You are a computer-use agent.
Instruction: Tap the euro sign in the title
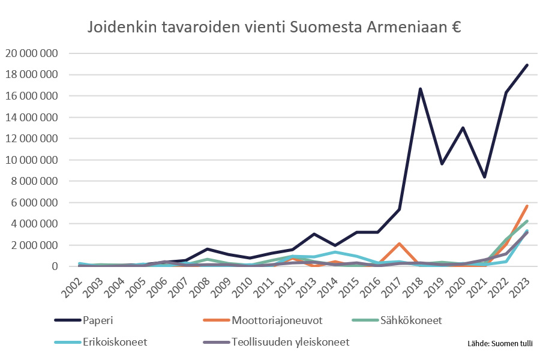[x=455, y=28]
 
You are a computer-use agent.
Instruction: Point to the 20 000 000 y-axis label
[x=31, y=53]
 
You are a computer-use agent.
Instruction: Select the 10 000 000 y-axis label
[x=31, y=160]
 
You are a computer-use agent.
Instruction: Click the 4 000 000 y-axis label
[x=34, y=224]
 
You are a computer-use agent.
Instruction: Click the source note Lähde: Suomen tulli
[x=500, y=344]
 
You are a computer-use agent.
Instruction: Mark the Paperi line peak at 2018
[x=421, y=89]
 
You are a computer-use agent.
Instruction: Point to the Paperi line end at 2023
[x=527, y=65]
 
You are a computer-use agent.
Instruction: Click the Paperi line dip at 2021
[x=484, y=177]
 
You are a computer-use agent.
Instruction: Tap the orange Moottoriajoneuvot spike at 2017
[x=399, y=244]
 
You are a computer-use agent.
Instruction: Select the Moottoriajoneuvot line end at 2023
[x=527, y=206]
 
